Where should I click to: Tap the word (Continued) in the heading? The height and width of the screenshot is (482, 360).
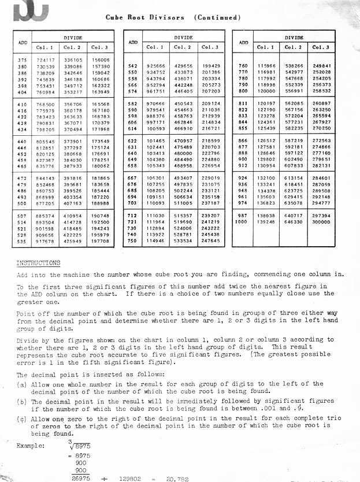click(x=218, y=17)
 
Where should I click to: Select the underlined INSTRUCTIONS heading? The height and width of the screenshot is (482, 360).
click(x=38, y=262)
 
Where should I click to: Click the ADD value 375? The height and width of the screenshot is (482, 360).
click(x=23, y=60)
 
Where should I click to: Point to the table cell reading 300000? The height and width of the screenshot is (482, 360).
click(x=321, y=222)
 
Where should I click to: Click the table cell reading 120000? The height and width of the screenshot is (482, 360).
click(x=266, y=91)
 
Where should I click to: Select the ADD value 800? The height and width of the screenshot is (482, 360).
click(x=243, y=91)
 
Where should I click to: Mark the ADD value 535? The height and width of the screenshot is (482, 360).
click(x=23, y=241)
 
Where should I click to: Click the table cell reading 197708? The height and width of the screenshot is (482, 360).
click(x=101, y=241)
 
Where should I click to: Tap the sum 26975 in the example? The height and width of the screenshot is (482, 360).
click(x=80, y=479)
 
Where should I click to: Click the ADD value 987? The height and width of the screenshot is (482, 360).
click(x=243, y=216)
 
